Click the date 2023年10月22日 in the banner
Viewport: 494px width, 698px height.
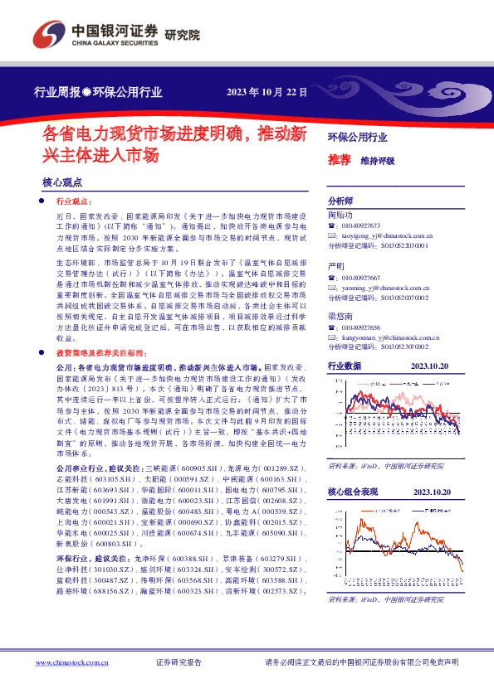267,93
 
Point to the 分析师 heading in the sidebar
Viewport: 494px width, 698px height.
340,201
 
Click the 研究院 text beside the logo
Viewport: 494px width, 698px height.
183,35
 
